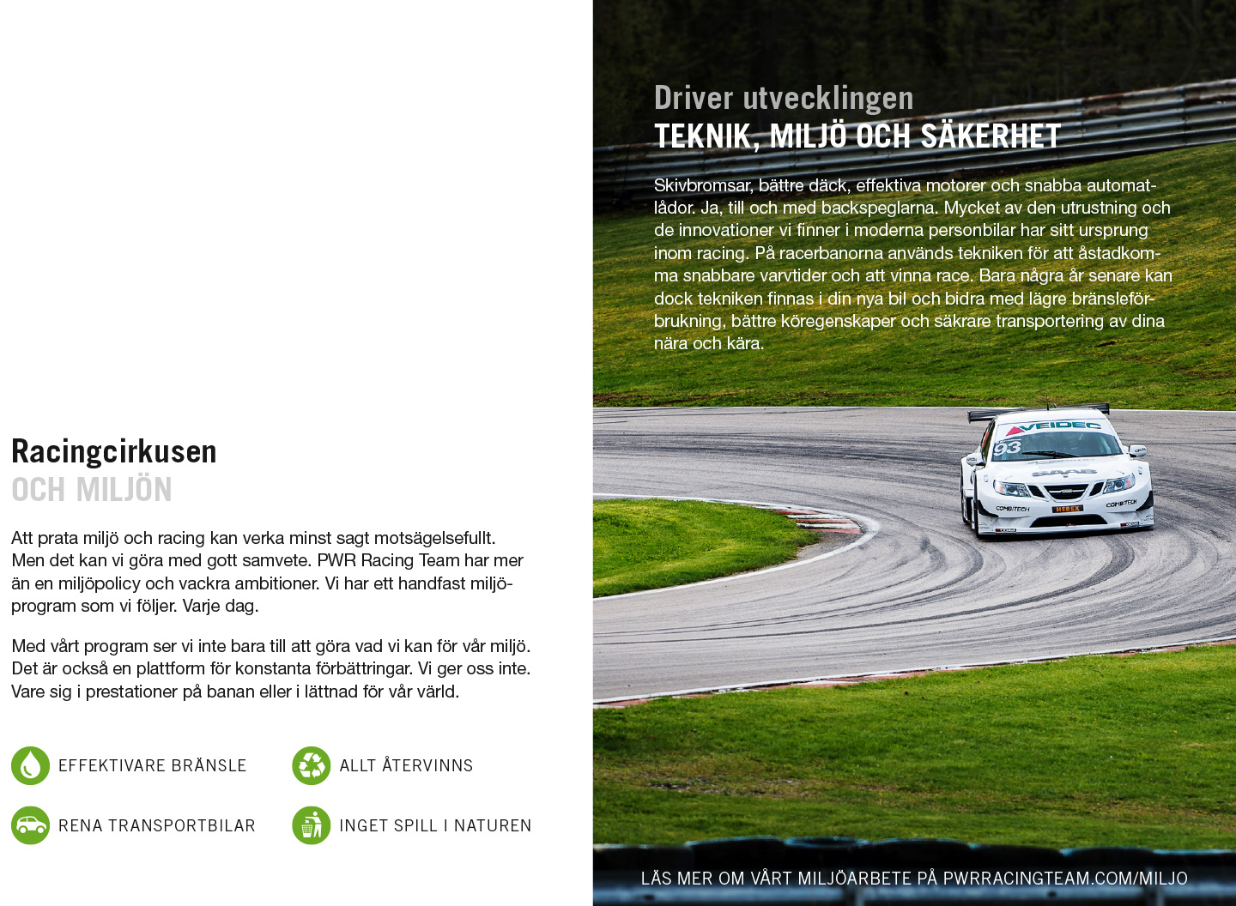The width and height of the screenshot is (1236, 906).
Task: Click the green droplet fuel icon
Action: click(30, 765)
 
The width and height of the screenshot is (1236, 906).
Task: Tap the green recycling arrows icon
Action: click(311, 765)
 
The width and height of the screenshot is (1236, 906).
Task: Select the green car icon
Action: click(30, 825)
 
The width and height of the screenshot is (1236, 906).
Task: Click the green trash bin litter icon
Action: click(311, 825)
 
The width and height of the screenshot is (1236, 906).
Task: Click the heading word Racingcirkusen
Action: click(113, 451)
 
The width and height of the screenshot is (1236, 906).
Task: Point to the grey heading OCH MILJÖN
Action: click(91, 490)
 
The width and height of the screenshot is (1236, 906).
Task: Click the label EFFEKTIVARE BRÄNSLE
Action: click(152, 765)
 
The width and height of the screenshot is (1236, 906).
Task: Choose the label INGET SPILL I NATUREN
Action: click(434, 825)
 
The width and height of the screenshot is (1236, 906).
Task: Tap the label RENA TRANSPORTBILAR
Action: click(156, 825)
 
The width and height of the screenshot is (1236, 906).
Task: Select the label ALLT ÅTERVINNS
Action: click(406, 765)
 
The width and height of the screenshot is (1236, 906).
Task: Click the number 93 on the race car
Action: click(1007, 447)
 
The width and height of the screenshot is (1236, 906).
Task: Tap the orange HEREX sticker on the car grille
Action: click(1068, 509)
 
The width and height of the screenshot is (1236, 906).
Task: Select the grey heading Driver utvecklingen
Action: click(783, 98)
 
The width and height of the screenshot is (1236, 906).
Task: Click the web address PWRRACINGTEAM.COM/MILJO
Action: click(1064, 878)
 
